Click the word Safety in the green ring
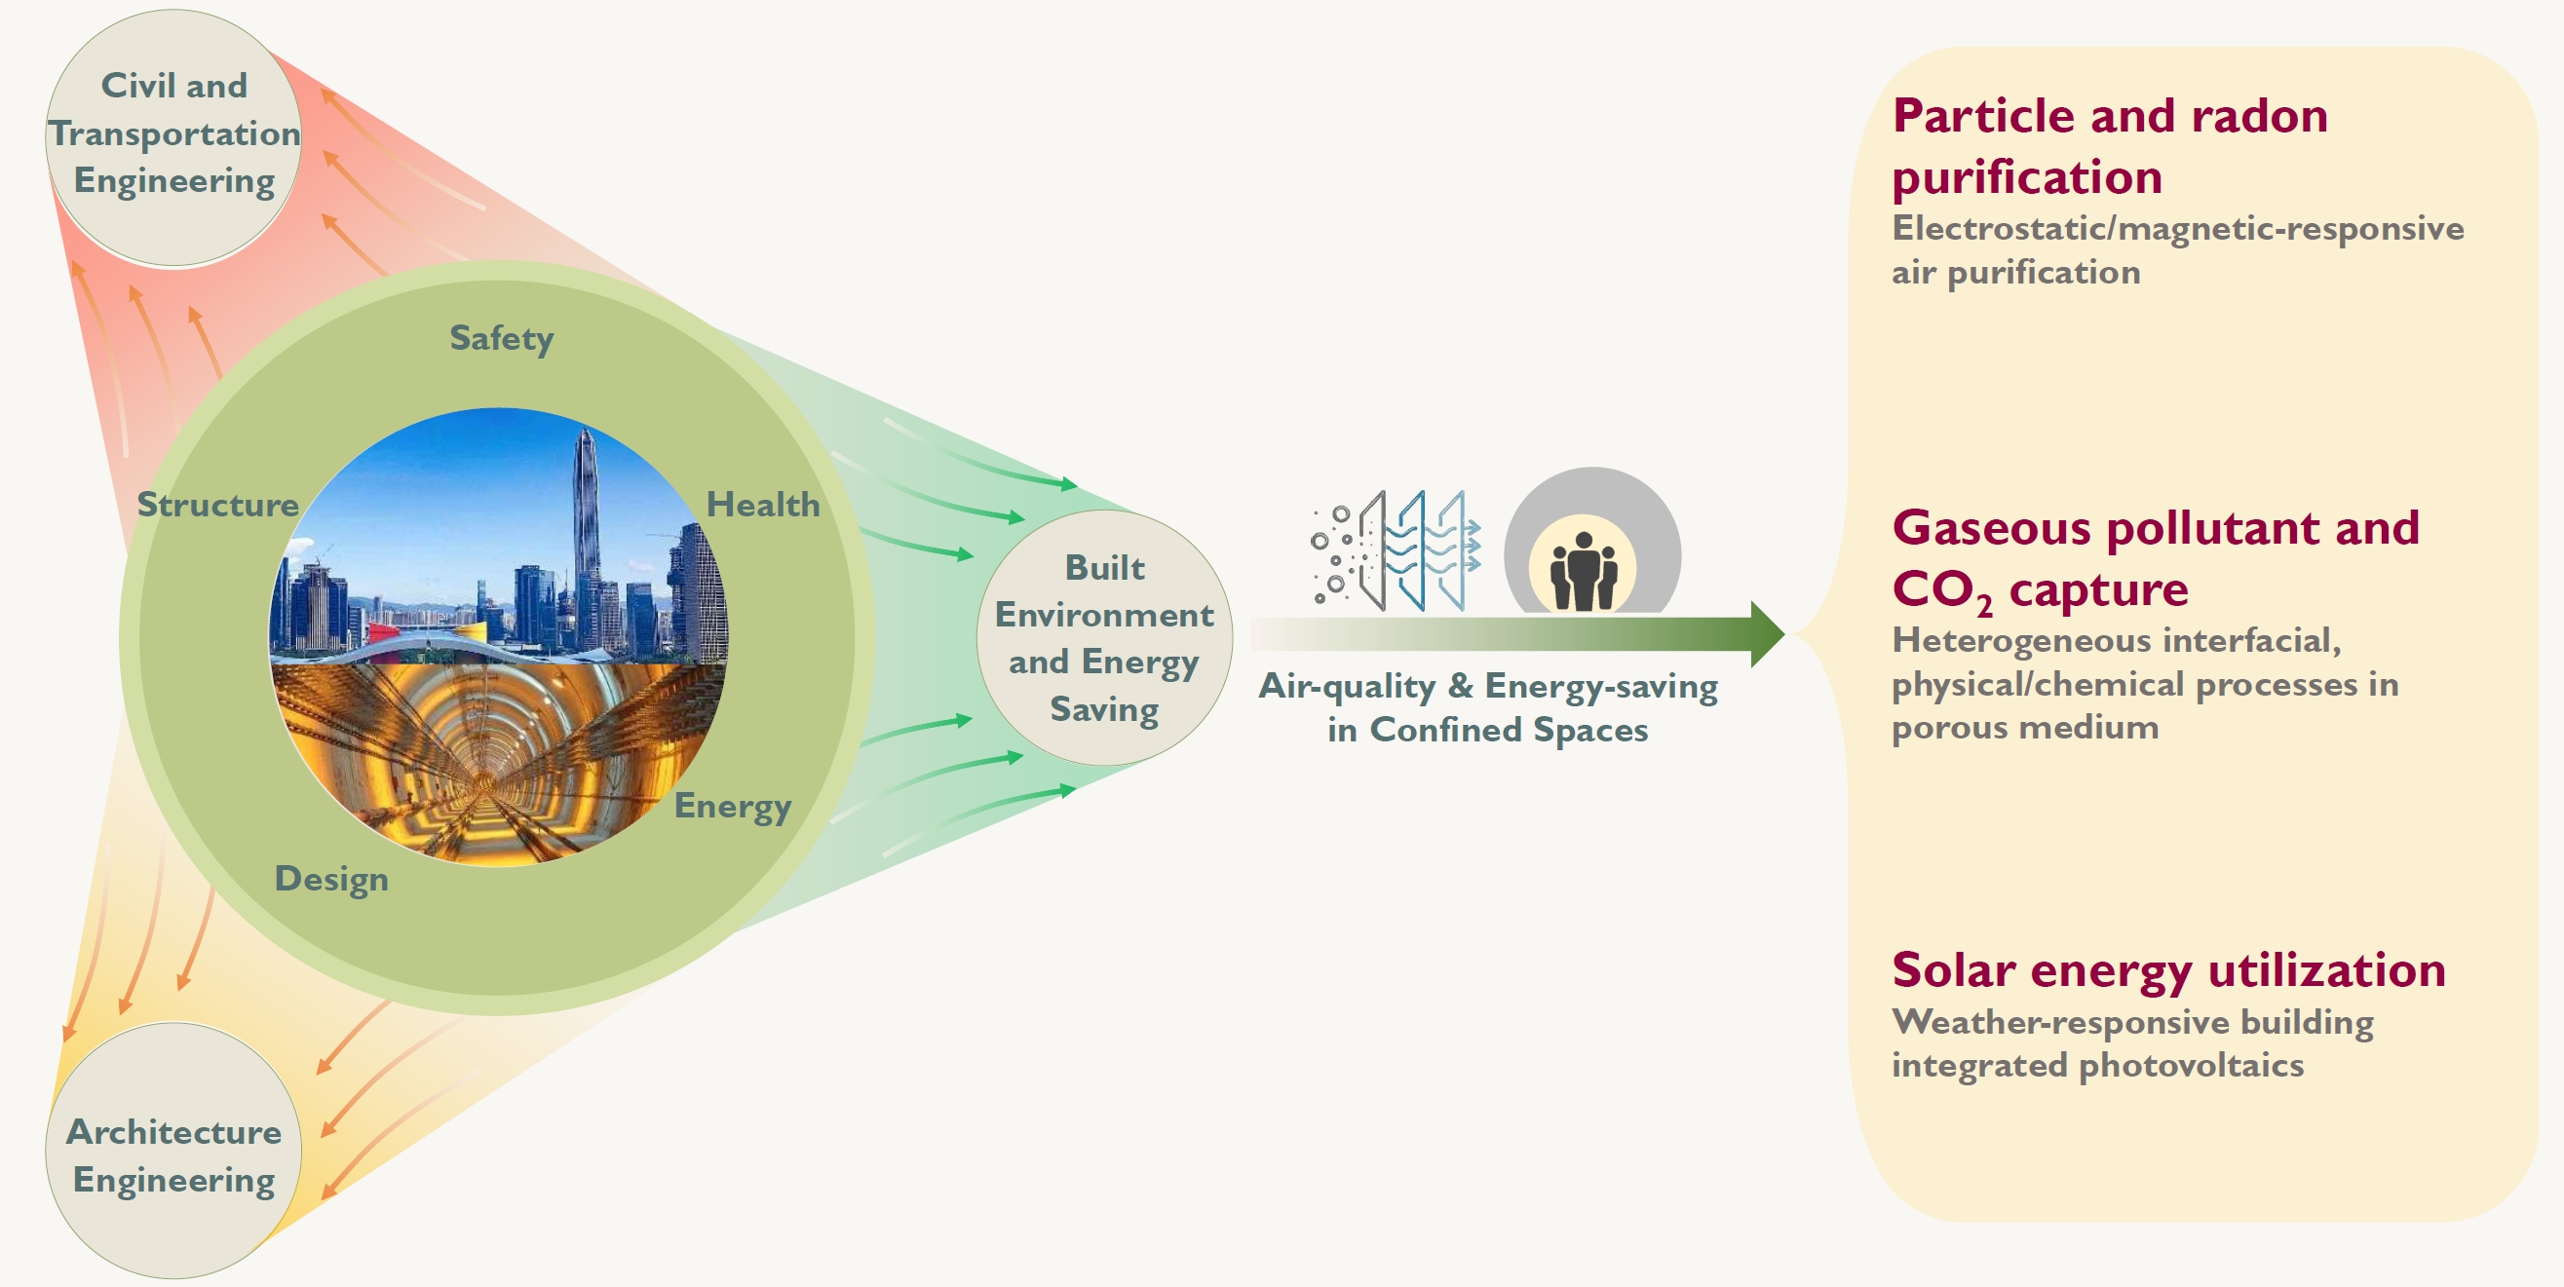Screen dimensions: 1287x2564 (501, 338)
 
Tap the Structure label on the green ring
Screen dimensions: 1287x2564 (217, 505)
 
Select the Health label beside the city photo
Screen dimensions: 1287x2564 (762, 505)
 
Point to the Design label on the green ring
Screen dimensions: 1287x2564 (331, 879)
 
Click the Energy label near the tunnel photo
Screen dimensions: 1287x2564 (733, 807)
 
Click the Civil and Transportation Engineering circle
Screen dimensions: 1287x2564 (174, 136)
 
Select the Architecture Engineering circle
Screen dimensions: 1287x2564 (174, 1154)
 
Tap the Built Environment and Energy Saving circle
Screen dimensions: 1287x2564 (1104, 638)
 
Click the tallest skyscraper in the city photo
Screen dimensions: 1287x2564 (587, 517)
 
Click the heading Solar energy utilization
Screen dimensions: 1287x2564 (2168, 970)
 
